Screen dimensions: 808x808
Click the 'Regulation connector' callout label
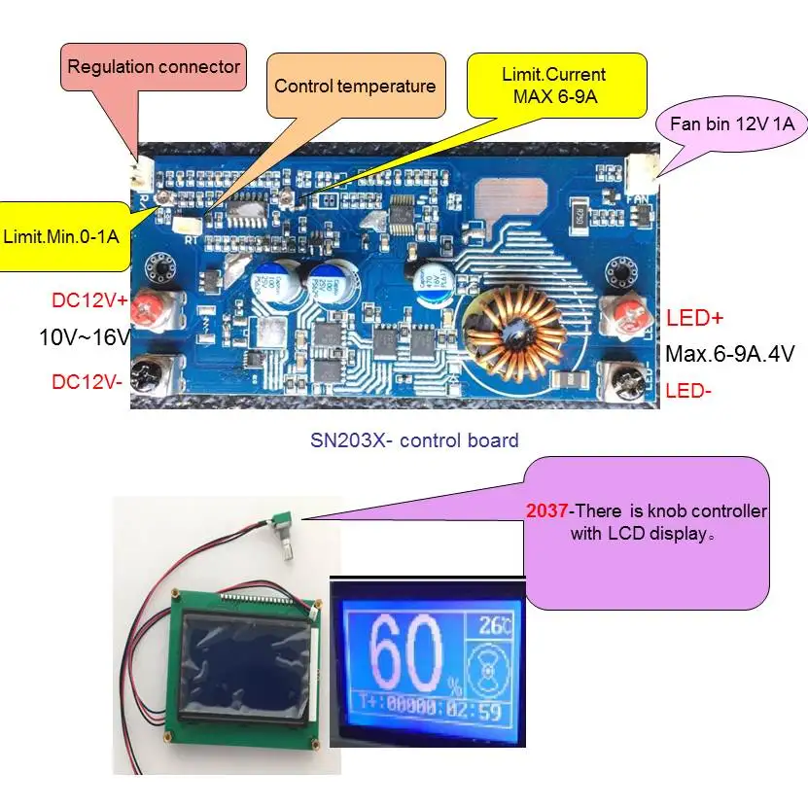tap(154, 67)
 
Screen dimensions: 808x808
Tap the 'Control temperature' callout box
tap(355, 86)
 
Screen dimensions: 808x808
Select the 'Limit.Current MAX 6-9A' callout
tap(553, 85)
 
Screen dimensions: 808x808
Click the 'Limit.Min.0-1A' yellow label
tap(67, 235)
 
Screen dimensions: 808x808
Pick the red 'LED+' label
tap(695, 318)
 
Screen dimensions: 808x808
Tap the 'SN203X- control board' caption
tap(413, 440)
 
